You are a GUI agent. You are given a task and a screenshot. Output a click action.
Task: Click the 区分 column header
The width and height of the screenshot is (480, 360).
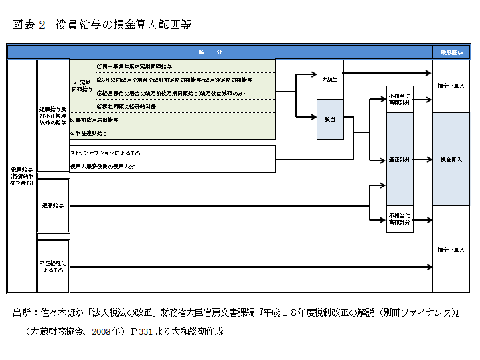coord(219,52)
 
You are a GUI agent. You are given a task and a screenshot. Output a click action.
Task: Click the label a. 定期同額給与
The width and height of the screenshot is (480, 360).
coord(81,86)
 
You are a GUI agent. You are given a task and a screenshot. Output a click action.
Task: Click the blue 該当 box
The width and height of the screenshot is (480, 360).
coord(329,119)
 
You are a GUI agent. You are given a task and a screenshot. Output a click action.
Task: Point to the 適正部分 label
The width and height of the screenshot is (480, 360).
coord(399,160)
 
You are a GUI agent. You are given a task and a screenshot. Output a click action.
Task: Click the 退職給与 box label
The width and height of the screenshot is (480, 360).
coord(53,206)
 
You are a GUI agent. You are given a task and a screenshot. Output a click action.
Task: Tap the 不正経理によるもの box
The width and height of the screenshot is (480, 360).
coord(53,267)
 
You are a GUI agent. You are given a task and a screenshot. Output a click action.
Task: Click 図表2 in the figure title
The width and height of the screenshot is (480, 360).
coord(28,25)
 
